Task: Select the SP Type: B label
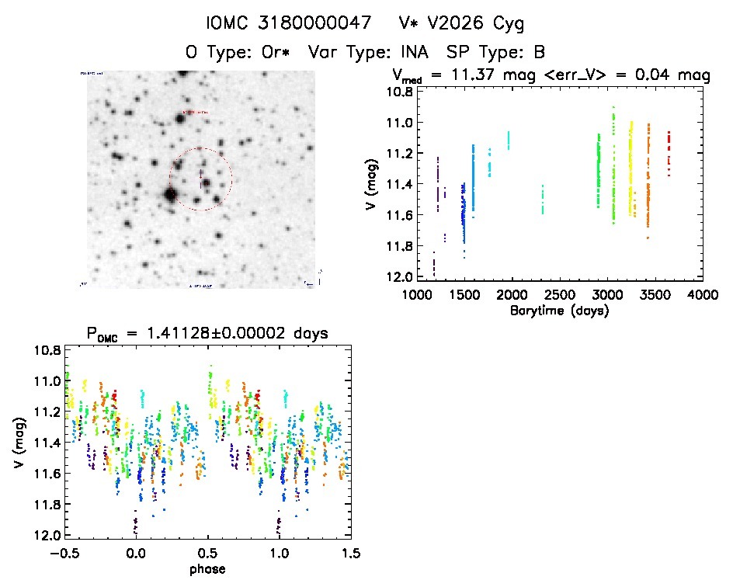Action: point(495,53)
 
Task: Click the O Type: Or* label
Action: point(240,53)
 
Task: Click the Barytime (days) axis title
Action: point(559,311)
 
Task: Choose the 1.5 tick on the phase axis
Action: point(351,553)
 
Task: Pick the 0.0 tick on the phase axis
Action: point(136,553)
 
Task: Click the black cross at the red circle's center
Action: point(201,179)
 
